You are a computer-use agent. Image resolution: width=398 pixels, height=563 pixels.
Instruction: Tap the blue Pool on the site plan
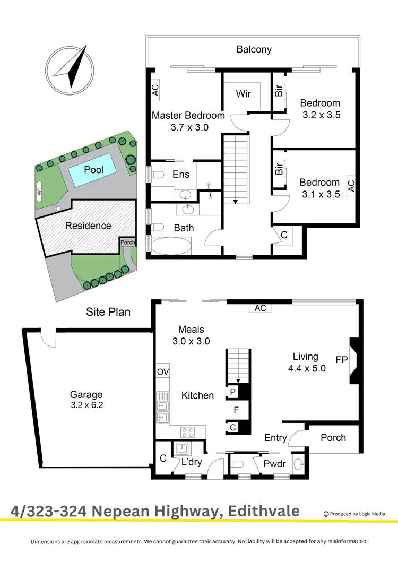(x=93, y=170)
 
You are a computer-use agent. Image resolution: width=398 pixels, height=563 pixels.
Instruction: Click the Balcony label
(x=254, y=49)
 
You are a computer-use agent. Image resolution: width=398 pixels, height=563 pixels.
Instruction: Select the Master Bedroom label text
(x=188, y=115)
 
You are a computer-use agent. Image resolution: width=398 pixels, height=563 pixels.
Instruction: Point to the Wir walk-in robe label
(x=243, y=94)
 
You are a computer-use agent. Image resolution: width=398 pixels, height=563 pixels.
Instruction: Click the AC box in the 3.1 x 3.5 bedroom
(x=350, y=186)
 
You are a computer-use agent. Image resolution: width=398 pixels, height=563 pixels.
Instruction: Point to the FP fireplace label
(x=341, y=360)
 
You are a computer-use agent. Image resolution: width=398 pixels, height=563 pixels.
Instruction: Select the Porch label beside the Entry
(x=333, y=438)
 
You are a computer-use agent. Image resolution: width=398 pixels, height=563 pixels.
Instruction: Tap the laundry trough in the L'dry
(x=184, y=449)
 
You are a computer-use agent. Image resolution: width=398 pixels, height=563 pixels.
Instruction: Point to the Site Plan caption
(x=108, y=312)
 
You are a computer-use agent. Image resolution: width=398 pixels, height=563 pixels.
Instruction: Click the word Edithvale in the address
(x=264, y=512)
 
